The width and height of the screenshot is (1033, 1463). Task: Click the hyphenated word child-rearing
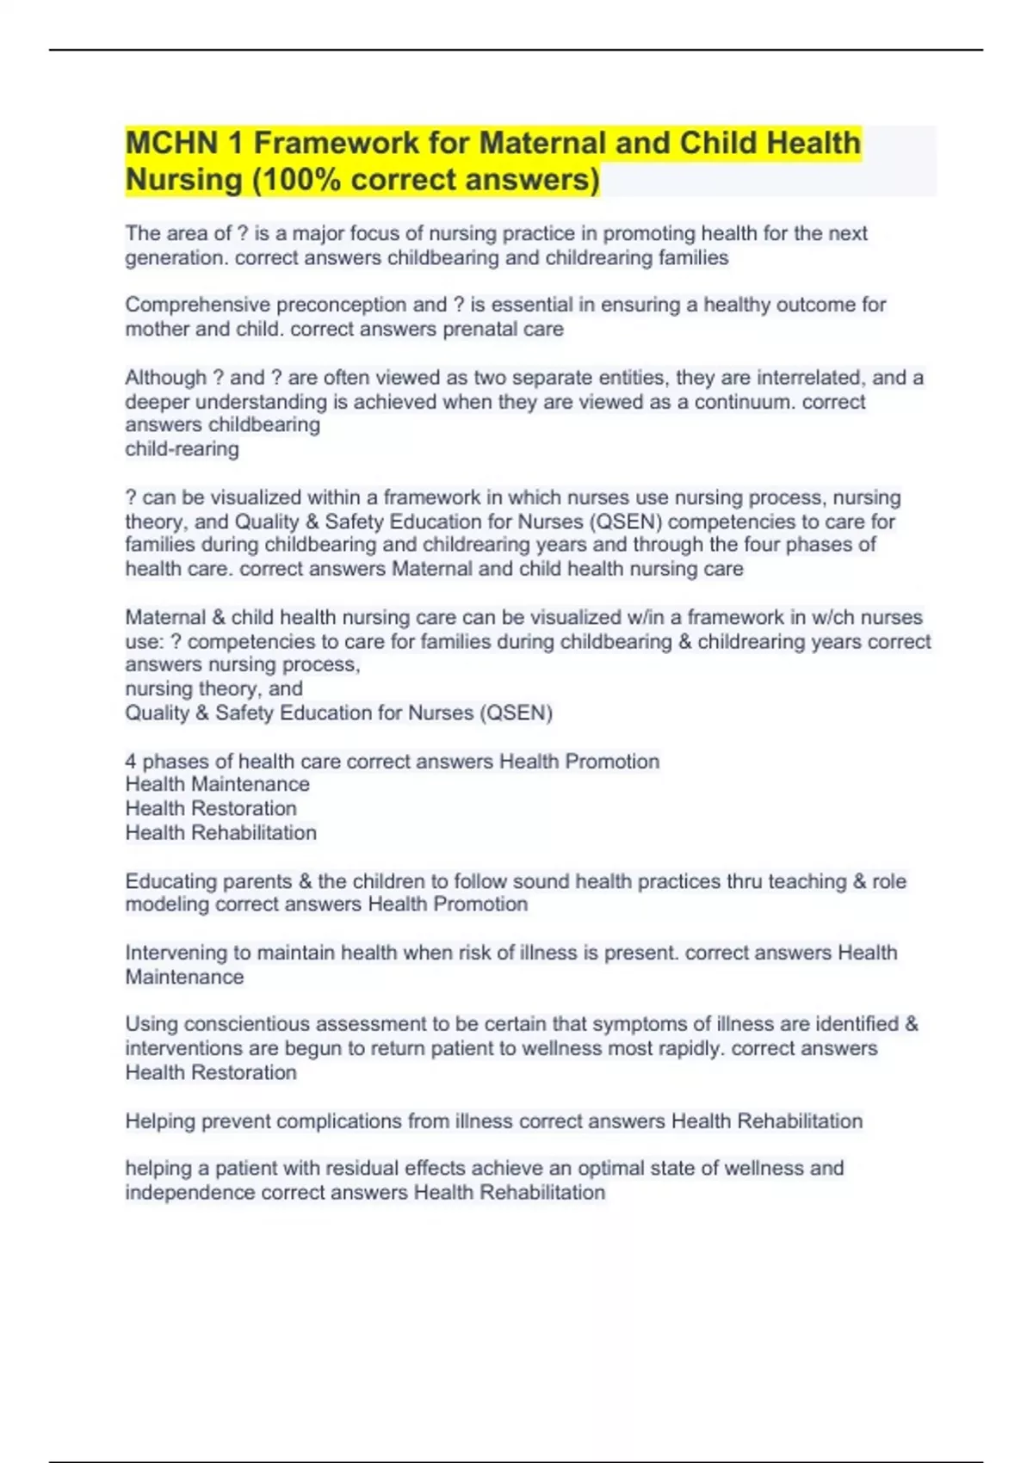point(182,449)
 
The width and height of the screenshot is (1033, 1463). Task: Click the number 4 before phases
point(131,762)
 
